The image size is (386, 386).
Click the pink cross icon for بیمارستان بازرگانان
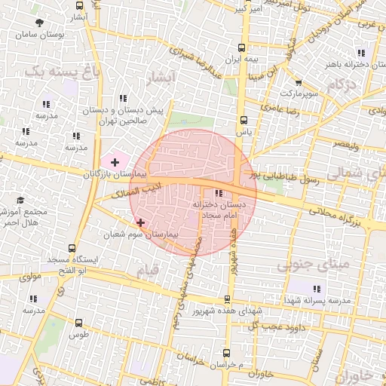115,162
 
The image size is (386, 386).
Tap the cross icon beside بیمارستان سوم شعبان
141,222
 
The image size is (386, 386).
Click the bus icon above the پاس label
243,120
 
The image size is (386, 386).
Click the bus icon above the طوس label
78,323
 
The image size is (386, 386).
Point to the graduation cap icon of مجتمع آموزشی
20,201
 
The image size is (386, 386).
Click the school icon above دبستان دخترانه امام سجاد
219,193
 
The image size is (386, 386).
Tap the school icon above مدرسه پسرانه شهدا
317,289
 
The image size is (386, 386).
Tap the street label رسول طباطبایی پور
286,176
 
